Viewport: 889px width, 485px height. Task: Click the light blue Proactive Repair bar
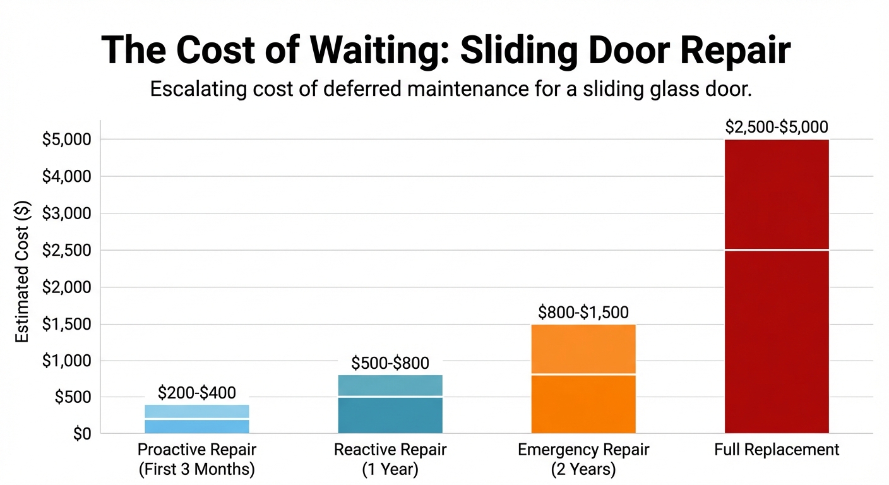(197, 419)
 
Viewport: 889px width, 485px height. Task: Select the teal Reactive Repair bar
(390, 404)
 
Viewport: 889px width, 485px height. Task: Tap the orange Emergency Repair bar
(583, 379)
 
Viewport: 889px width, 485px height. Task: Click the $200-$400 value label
(197, 393)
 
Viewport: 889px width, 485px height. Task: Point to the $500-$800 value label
(390, 363)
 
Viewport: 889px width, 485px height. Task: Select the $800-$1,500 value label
(583, 312)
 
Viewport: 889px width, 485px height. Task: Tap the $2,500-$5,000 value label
(777, 127)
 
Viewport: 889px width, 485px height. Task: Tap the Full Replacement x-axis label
(777, 450)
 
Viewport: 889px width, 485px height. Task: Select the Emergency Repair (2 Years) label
(583, 460)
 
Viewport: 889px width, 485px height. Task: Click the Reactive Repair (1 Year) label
(390, 460)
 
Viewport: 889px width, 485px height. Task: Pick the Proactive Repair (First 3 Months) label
(197, 460)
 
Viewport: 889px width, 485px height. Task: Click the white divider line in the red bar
(777, 250)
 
